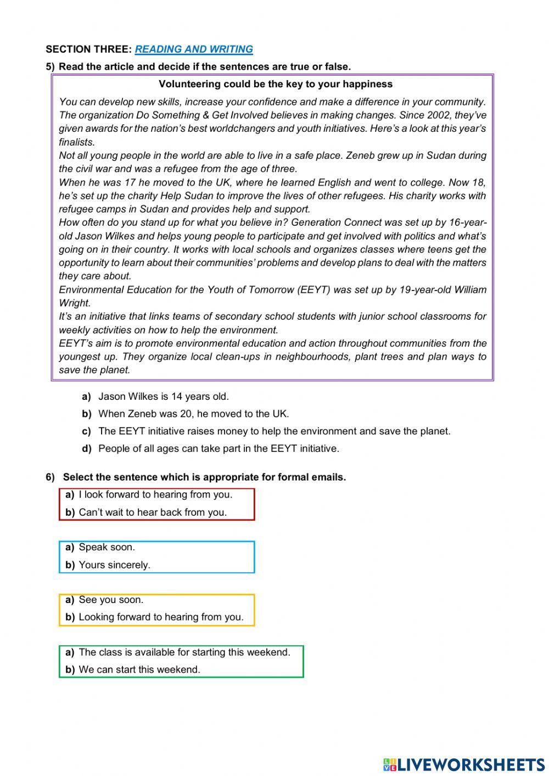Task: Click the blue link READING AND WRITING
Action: pyautogui.click(x=194, y=49)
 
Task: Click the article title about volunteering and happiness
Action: pyautogui.click(x=275, y=84)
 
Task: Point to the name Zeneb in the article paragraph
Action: pyautogui.click(x=360, y=155)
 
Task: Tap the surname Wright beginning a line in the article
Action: pyautogui.click(x=74, y=303)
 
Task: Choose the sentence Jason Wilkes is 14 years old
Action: pyautogui.click(x=163, y=396)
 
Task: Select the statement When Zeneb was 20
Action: pyautogui.click(x=193, y=414)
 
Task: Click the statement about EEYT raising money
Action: pyautogui.click(x=274, y=431)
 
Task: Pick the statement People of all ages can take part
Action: pyautogui.click(x=219, y=449)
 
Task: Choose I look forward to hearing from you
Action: pyautogui.click(x=155, y=494)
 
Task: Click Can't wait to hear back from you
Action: pyautogui.click(x=153, y=512)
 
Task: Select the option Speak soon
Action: pyautogui.click(x=107, y=547)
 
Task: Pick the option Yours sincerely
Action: pyautogui.click(x=114, y=565)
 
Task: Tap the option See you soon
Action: pyautogui.click(x=111, y=600)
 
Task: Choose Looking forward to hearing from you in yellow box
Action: pyautogui.click(x=161, y=617)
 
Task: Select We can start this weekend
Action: pyautogui.click(x=139, y=669)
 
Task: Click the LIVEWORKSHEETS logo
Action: pyautogui.click(x=464, y=764)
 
